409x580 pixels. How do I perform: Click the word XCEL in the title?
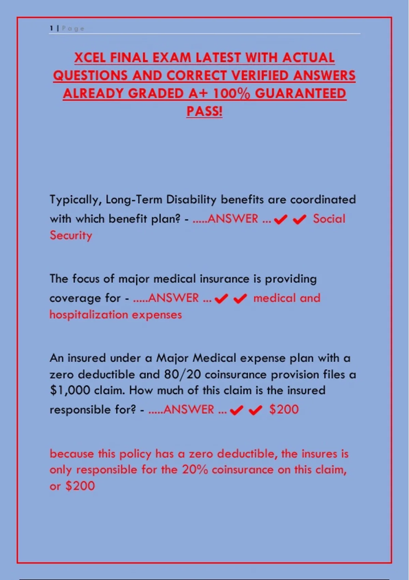click(x=90, y=57)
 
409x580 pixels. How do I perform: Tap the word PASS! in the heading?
click(x=204, y=111)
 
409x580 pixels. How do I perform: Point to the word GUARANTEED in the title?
click(x=301, y=93)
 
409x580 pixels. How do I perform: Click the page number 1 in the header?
click(x=51, y=28)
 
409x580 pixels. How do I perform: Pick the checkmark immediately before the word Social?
click(x=300, y=220)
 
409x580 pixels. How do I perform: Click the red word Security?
click(x=71, y=236)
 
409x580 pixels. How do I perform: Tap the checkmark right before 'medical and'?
click(x=240, y=299)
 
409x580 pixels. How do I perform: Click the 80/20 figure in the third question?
click(x=182, y=375)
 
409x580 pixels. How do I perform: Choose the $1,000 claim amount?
click(x=70, y=390)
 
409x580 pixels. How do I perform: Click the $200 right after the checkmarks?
click(x=284, y=410)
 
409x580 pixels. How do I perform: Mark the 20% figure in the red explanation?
click(x=195, y=470)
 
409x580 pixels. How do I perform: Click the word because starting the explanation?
click(x=72, y=454)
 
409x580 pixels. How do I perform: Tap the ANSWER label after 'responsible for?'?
click(x=189, y=410)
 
